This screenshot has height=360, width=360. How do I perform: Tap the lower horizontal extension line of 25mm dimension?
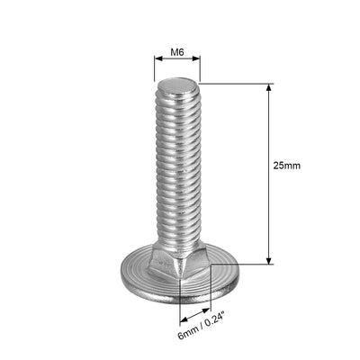[243, 264]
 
